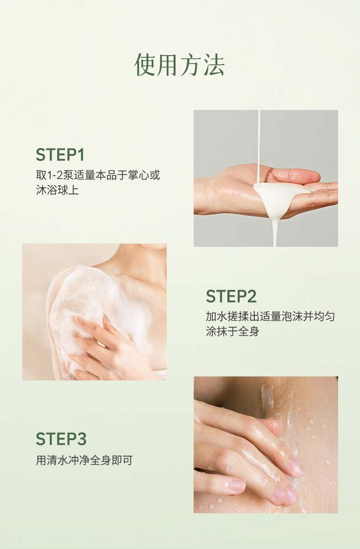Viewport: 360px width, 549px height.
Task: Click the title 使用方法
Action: pyautogui.click(x=180, y=64)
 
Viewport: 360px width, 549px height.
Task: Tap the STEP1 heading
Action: pyautogui.click(x=60, y=154)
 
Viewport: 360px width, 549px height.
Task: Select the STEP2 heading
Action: pyautogui.click(x=231, y=296)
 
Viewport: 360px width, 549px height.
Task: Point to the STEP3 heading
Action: pyautogui.click(x=61, y=439)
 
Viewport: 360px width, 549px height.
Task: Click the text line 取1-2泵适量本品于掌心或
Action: pyautogui.click(x=98, y=175)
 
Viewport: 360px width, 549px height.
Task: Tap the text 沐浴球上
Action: pyautogui.click(x=57, y=190)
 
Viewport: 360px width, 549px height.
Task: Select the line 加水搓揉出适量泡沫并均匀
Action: pyautogui.click(x=270, y=316)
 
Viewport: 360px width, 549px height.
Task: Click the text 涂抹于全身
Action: pyautogui.click(x=232, y=331)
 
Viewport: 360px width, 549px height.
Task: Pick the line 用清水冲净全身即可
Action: pyautogui.click(x=84, y=460)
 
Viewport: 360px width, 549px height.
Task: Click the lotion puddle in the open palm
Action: pyautogui.click(x=277, y=196)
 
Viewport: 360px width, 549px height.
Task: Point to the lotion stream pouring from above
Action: pyautogui.click(x=259, y=147)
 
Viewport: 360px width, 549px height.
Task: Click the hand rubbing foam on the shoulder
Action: pyautogui.click(x=110, y=348)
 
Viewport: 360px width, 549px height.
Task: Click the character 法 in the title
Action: pyautogui.click(x=214, y=64)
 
